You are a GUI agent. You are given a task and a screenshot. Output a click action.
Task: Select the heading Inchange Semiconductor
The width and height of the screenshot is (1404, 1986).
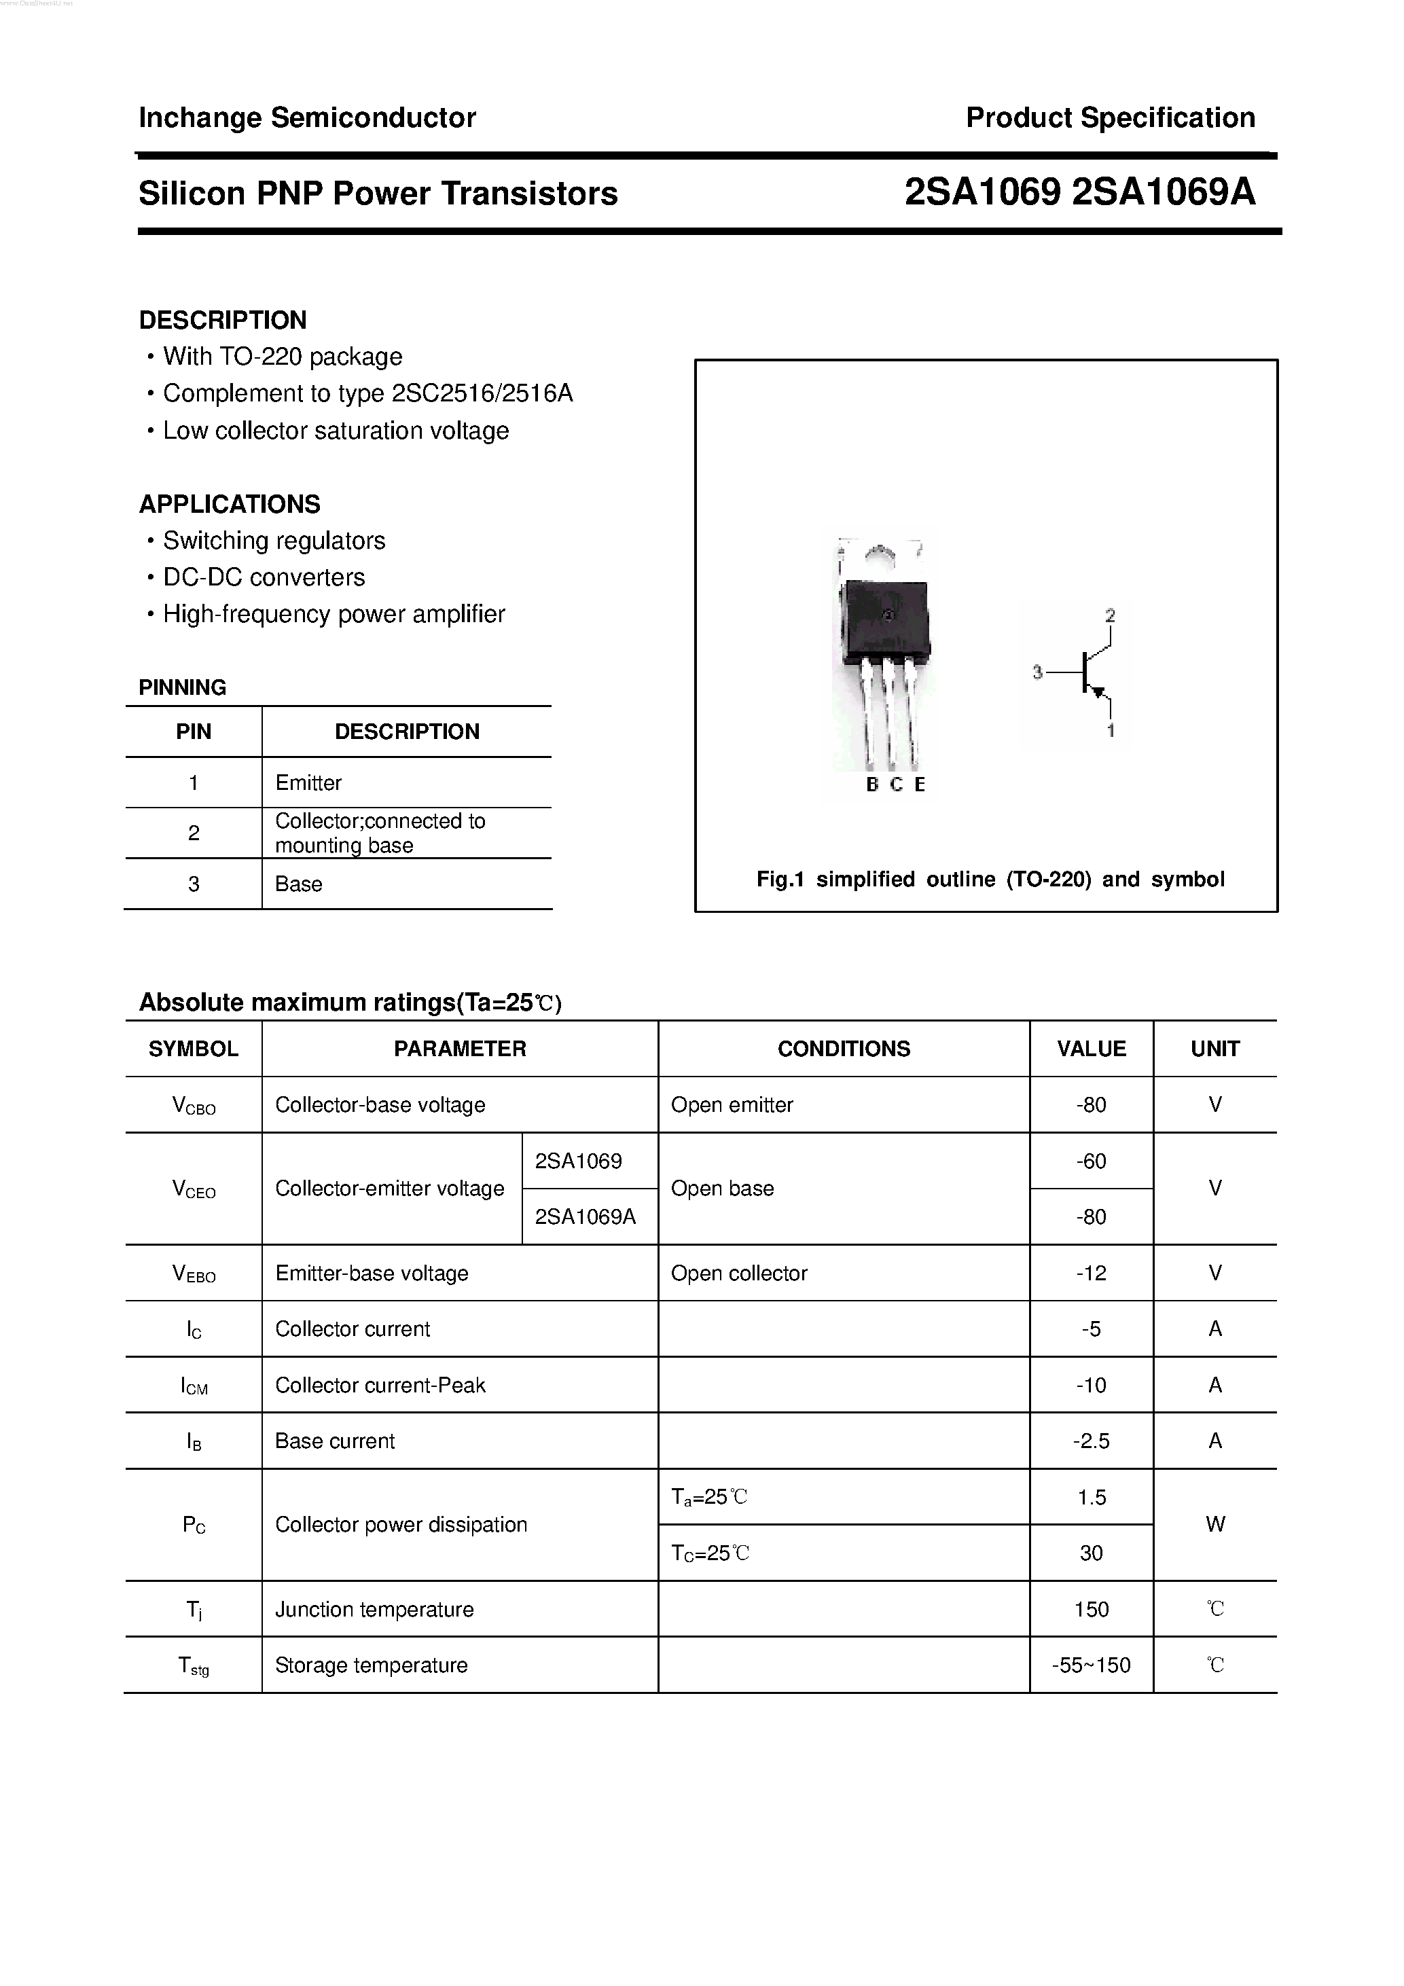pos(307,118)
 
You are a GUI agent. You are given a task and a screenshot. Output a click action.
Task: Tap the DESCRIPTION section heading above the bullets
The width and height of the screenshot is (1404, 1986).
pos(222,320)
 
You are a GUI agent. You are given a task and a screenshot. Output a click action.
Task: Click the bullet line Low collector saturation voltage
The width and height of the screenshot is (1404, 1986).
pos(336,431)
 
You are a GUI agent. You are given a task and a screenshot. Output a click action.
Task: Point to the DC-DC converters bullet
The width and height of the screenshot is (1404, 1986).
pos(264,577)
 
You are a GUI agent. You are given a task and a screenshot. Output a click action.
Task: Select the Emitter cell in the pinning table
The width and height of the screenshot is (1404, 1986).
pos(308,783)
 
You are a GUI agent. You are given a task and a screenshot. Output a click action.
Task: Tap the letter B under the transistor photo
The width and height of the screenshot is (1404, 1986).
pos(872,784)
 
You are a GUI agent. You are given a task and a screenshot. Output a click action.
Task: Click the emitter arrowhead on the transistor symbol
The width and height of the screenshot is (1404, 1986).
pos(1098,691)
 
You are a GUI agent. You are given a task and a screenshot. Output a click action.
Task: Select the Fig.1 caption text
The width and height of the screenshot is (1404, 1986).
pos(990,880)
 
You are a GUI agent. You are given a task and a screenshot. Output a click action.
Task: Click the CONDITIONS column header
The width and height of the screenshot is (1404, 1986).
pos(844,1049)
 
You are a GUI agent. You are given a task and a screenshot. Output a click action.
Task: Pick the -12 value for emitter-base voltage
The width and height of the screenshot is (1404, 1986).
pos(1091,1274)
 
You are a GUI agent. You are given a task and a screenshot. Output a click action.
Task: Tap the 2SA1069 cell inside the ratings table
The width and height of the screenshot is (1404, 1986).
pos(578,1161)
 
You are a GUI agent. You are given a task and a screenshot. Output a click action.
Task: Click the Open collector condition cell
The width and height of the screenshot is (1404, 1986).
pos(739,1274)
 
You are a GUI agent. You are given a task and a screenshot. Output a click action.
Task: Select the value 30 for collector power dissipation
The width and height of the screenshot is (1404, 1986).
pos(1091,1553)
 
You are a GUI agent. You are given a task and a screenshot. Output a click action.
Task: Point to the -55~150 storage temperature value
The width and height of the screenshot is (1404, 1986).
pos(1091,1665)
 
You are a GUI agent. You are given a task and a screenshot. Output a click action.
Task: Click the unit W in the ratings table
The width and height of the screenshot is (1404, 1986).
pos(1214,1525)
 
